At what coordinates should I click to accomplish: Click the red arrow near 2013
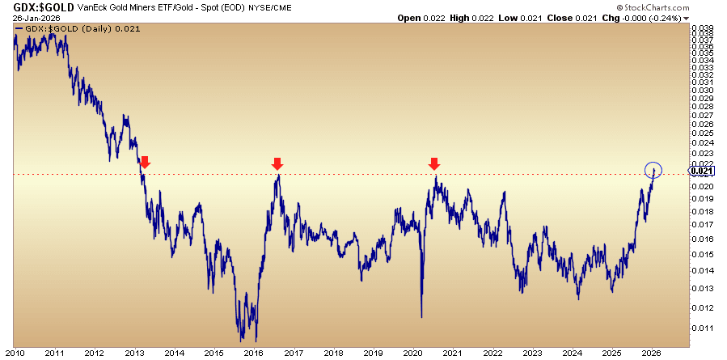145,163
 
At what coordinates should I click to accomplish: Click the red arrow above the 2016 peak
277,163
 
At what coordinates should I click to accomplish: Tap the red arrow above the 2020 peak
434,163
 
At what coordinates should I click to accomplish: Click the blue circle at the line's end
654,170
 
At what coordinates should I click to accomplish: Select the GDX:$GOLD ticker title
39,7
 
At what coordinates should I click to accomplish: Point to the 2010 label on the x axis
15,353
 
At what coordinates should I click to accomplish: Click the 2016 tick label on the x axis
253,353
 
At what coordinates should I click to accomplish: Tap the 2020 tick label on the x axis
411,353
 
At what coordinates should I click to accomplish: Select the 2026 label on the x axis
649,353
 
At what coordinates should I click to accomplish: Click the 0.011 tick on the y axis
704,328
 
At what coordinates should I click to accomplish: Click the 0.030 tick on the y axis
704,90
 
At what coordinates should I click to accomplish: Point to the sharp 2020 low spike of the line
421,316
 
